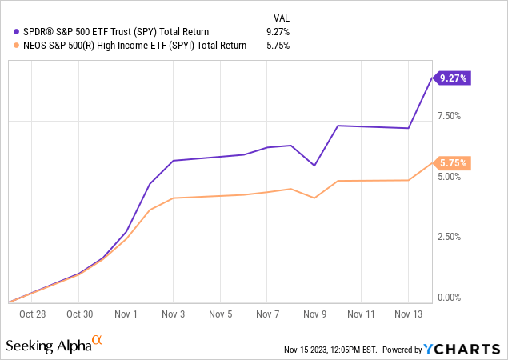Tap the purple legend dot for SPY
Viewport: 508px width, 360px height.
tap(8, 31)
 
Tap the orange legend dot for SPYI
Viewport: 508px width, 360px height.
tap(8, 46)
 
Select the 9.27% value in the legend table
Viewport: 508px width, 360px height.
tap(278, 31)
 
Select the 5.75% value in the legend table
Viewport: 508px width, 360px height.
tap(278, 46)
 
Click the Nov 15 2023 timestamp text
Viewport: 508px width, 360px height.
tap(329, 350)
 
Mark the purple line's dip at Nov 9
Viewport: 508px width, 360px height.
tap(314, 166)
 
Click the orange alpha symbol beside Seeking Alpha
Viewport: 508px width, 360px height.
tap(97, 340)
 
